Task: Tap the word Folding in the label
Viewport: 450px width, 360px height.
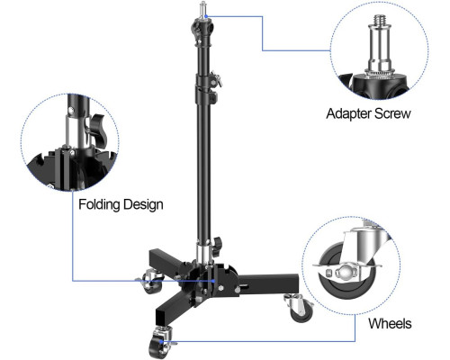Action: pos(99,204)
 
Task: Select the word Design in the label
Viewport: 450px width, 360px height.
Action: pos(143,204)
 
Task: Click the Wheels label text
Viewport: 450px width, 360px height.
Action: pos(390,323)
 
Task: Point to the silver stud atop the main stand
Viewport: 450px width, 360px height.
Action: pos(203,9)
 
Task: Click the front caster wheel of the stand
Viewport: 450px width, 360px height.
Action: pos(158,347)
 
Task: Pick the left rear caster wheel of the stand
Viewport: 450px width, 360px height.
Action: pos(151,283)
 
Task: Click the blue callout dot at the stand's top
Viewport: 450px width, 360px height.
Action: pos(206,16)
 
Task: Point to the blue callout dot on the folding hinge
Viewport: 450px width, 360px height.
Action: pos(213,281)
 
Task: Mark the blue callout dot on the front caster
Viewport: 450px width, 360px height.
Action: pos(161,341)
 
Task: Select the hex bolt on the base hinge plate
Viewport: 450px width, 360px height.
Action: pos(221,288)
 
